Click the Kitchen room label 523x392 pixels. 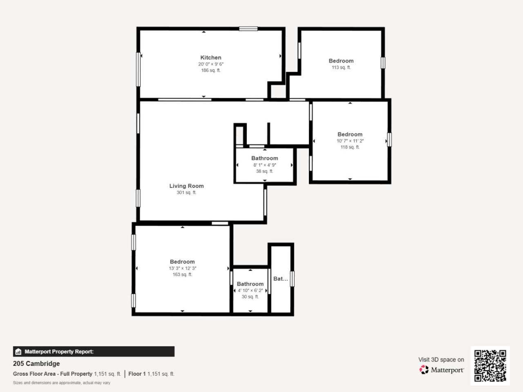click(x=210, y=58)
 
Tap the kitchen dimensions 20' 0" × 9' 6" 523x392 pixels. click(x=210, y=64)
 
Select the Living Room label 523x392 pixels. click(x=186, y=186)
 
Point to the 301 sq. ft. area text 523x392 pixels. click(x=186, y=192)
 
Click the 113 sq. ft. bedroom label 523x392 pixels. click(x=341, y=67)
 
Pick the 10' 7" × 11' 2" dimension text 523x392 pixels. click(x=350, y=141)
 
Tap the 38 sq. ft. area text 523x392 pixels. click(x=264, y=171)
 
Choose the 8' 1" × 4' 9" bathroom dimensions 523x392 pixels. click(x=264, y=165)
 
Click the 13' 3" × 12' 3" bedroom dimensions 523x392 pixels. click(x=182, y=268)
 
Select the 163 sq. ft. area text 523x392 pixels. click(x=182, y=274)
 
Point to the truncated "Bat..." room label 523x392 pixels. click(x=280, y=279)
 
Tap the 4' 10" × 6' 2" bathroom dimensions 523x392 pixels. click(x=250, y=290)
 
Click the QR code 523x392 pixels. click(x=490, y=365)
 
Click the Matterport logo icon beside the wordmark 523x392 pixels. click(x=424, y=370)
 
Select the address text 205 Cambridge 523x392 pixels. click(x=36, y=363)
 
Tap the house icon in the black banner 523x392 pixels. click(x=18, y=352)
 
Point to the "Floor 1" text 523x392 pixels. click(x=137, y=374)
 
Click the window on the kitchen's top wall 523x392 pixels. click(x=248, y=29)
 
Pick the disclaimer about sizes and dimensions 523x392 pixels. click(x=61, y=383)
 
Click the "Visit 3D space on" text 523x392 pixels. click(x=441, y=360)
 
